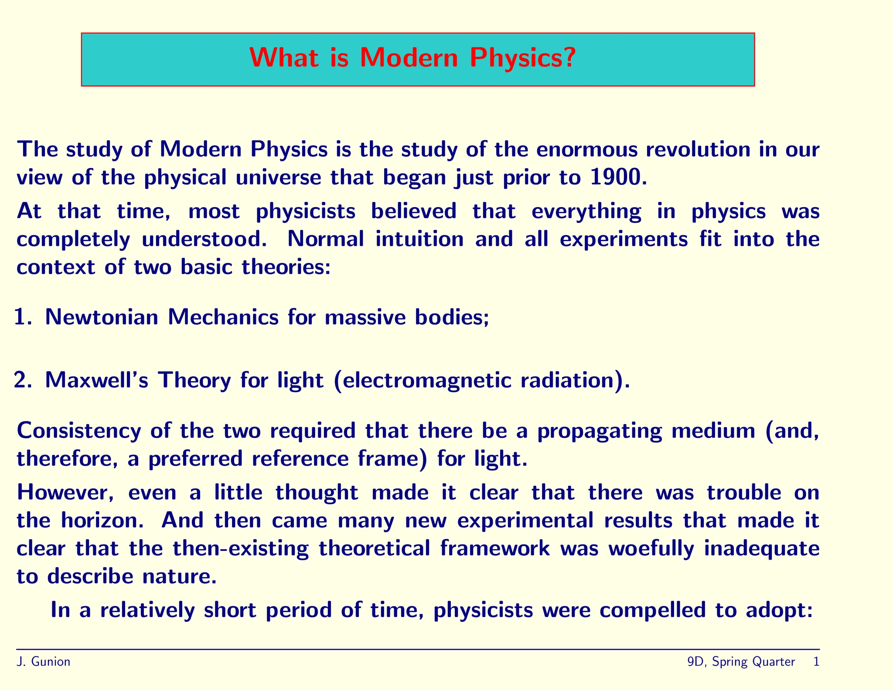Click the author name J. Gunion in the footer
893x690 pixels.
pyautogui.click(x=43, y=662)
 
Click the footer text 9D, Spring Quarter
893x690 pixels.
pyautogui.click(x=741, y=662)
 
